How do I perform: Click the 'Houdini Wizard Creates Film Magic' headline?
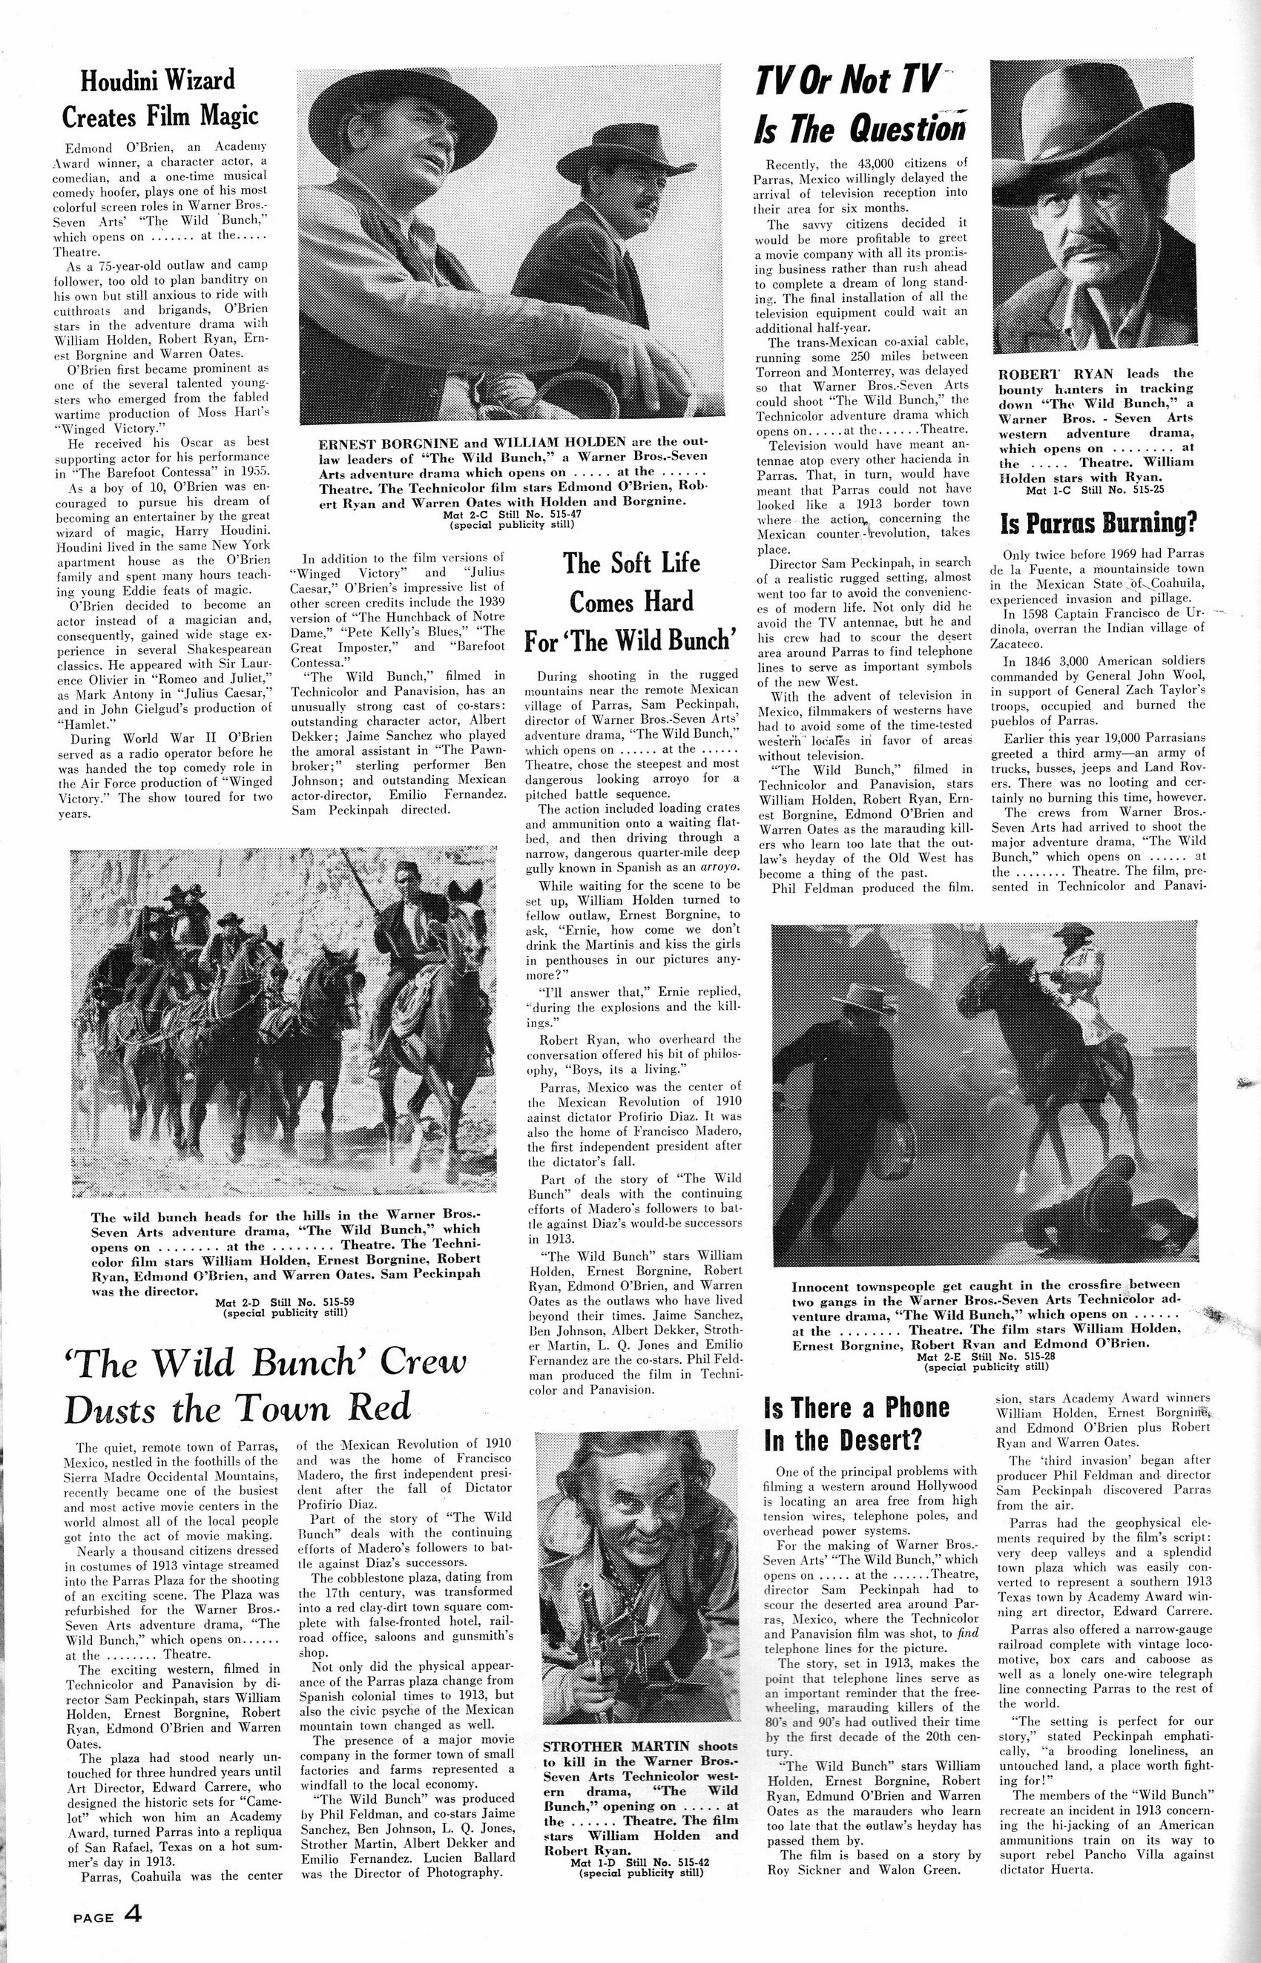[160, 98]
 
